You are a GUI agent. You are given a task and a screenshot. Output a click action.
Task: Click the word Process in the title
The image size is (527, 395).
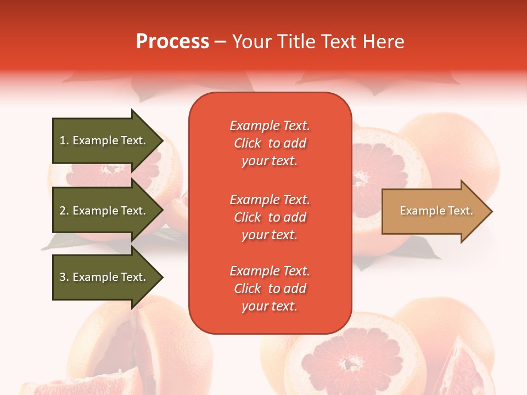click(x=172, y=42)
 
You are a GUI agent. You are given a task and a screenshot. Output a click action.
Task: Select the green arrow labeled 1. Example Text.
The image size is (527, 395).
click(x=102, y=140)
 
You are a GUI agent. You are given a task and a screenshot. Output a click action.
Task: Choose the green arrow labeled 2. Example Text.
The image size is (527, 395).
click(x=102, y=211)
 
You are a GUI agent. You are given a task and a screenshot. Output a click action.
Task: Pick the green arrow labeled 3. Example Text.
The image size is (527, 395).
click(x=102, y=277)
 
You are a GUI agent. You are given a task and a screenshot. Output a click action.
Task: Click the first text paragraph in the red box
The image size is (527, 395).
click(x=270, y=143)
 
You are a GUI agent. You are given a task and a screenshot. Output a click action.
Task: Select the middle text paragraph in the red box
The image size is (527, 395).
click(x=270, y=217)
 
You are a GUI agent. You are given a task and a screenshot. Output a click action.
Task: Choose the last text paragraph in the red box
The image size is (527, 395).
click(x=270, y=289)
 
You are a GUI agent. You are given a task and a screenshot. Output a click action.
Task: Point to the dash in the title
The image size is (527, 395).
click(x=221, y=42)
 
